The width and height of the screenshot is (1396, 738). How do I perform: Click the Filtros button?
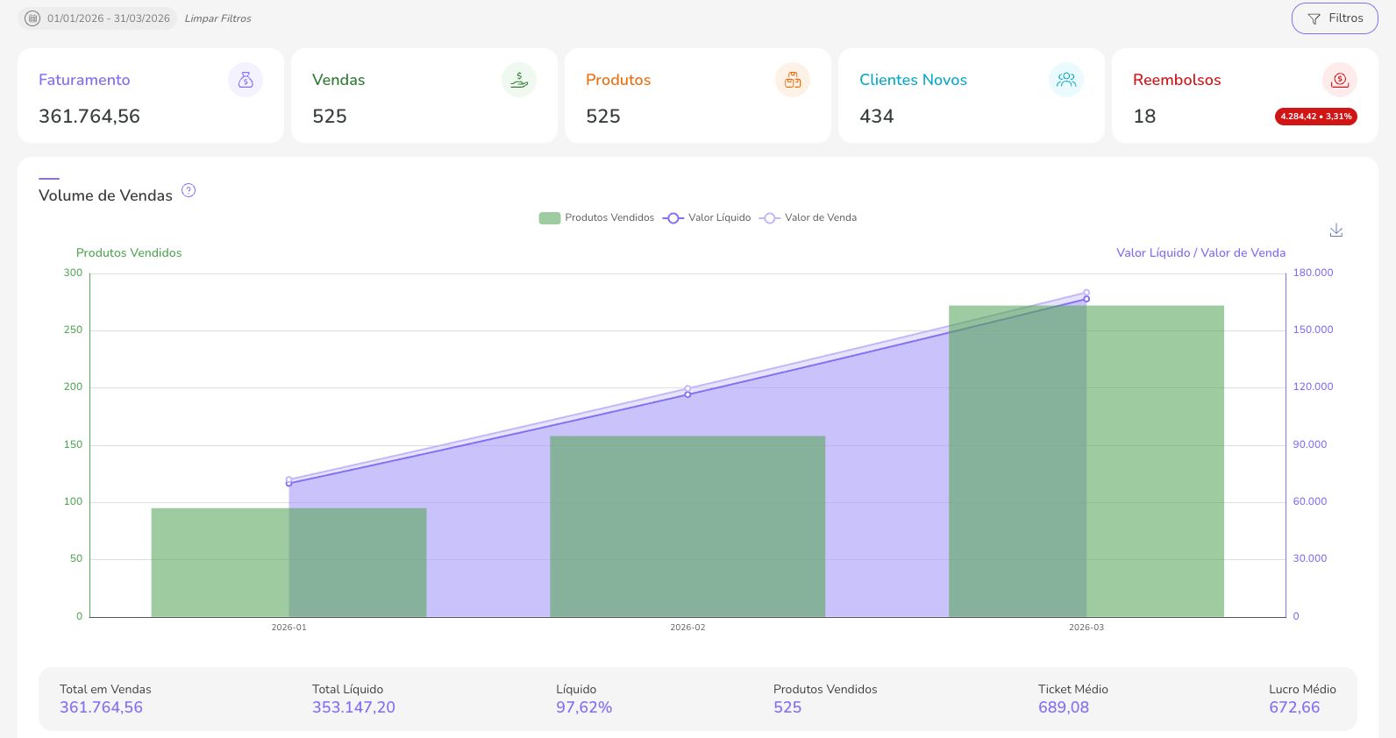coord(1334,18)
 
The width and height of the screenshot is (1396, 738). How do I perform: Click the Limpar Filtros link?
coord(217,18)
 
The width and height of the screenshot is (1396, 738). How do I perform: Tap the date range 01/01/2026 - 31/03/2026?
coord(108,18)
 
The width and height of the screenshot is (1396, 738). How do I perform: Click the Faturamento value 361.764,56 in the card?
coord(89,117)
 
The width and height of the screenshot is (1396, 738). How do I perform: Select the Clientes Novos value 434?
coord(876,117)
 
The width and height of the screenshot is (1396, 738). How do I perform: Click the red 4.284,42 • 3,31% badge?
coord(1315,117)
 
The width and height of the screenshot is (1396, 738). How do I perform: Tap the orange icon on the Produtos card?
coord(793,80)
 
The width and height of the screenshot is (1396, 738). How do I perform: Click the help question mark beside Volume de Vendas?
coord(189,190)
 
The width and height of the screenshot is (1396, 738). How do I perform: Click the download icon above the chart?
coord(1335,230)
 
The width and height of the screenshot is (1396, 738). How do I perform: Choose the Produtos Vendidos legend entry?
coord(597,218)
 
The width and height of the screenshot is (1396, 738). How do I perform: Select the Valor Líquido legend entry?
coord(708,218)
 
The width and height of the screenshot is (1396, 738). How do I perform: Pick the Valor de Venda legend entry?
coord(808,218)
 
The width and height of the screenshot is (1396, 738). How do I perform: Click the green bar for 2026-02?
coord(687,526)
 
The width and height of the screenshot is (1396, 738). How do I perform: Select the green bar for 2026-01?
coord(219,562)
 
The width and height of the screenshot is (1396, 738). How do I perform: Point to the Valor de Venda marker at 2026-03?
coord(1086,293)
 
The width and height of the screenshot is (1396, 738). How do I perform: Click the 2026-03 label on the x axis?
coord(1086,628)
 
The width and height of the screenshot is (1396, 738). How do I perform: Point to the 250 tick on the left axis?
coord(73,330)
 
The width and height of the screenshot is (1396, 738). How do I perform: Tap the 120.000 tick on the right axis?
coord(1312,387)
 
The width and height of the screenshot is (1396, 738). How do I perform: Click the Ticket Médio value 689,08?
coord(1063,707)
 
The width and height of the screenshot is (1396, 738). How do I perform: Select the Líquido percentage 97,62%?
coord(583,707)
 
